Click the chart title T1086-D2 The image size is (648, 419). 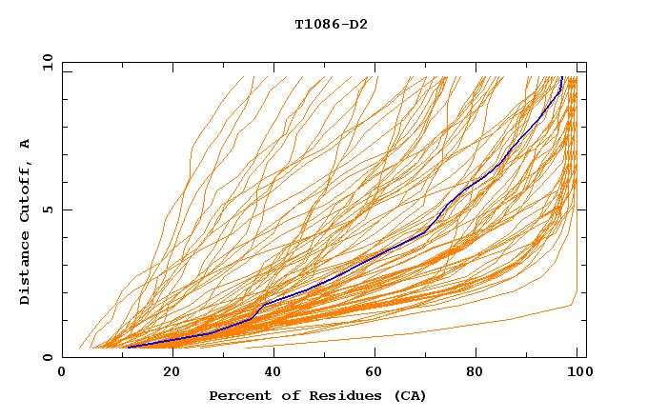click(x=331, y=24)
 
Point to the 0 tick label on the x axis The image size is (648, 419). click(x=62, y=372)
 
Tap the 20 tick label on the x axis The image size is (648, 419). click(x=171, y=372)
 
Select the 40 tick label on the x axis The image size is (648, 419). click(x=273, y=372)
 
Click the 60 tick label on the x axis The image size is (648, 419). click(x=376, y=372)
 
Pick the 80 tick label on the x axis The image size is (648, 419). click(x=479, y=372)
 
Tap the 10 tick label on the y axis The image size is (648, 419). click(x=45, y=62)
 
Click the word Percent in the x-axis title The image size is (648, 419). click(x=238, y=395)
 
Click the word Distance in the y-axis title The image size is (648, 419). click(x=25, y=269)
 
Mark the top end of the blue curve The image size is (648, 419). click(x=562, y=77)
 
